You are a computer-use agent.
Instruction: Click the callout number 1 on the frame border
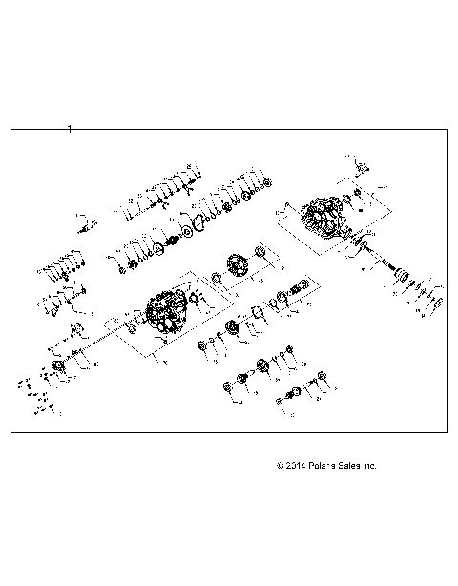click(70, 128)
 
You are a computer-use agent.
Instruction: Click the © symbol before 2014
click(279, 466)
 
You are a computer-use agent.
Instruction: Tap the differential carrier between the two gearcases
click(234, 268)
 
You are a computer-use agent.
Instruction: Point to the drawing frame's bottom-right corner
click(448, 430)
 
